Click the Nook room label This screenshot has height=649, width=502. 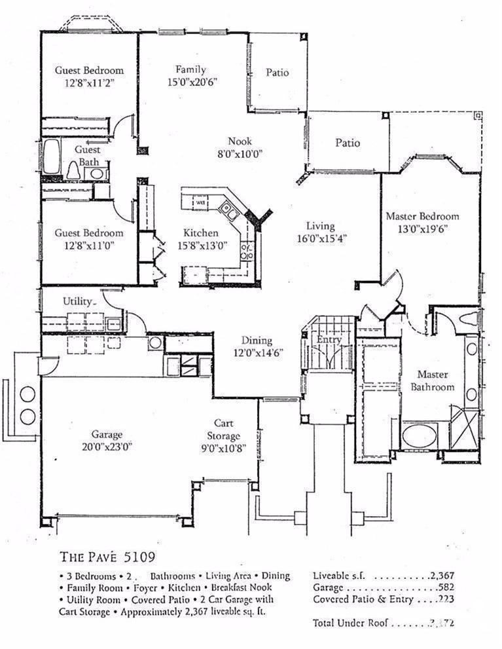tap(240, 141)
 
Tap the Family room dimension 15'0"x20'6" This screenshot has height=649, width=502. tap(191, 82)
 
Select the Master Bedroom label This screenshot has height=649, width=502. tap(421, 216)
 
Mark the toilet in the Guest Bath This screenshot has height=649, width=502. tap(74, 171)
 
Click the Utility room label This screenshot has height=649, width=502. tap(79, 301)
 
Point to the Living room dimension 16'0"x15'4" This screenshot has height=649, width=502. tap(321, 239)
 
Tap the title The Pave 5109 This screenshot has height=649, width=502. tap(107, 557)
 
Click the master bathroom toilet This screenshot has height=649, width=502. tap(471, 320)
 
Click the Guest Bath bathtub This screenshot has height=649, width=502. tap(52, 157)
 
